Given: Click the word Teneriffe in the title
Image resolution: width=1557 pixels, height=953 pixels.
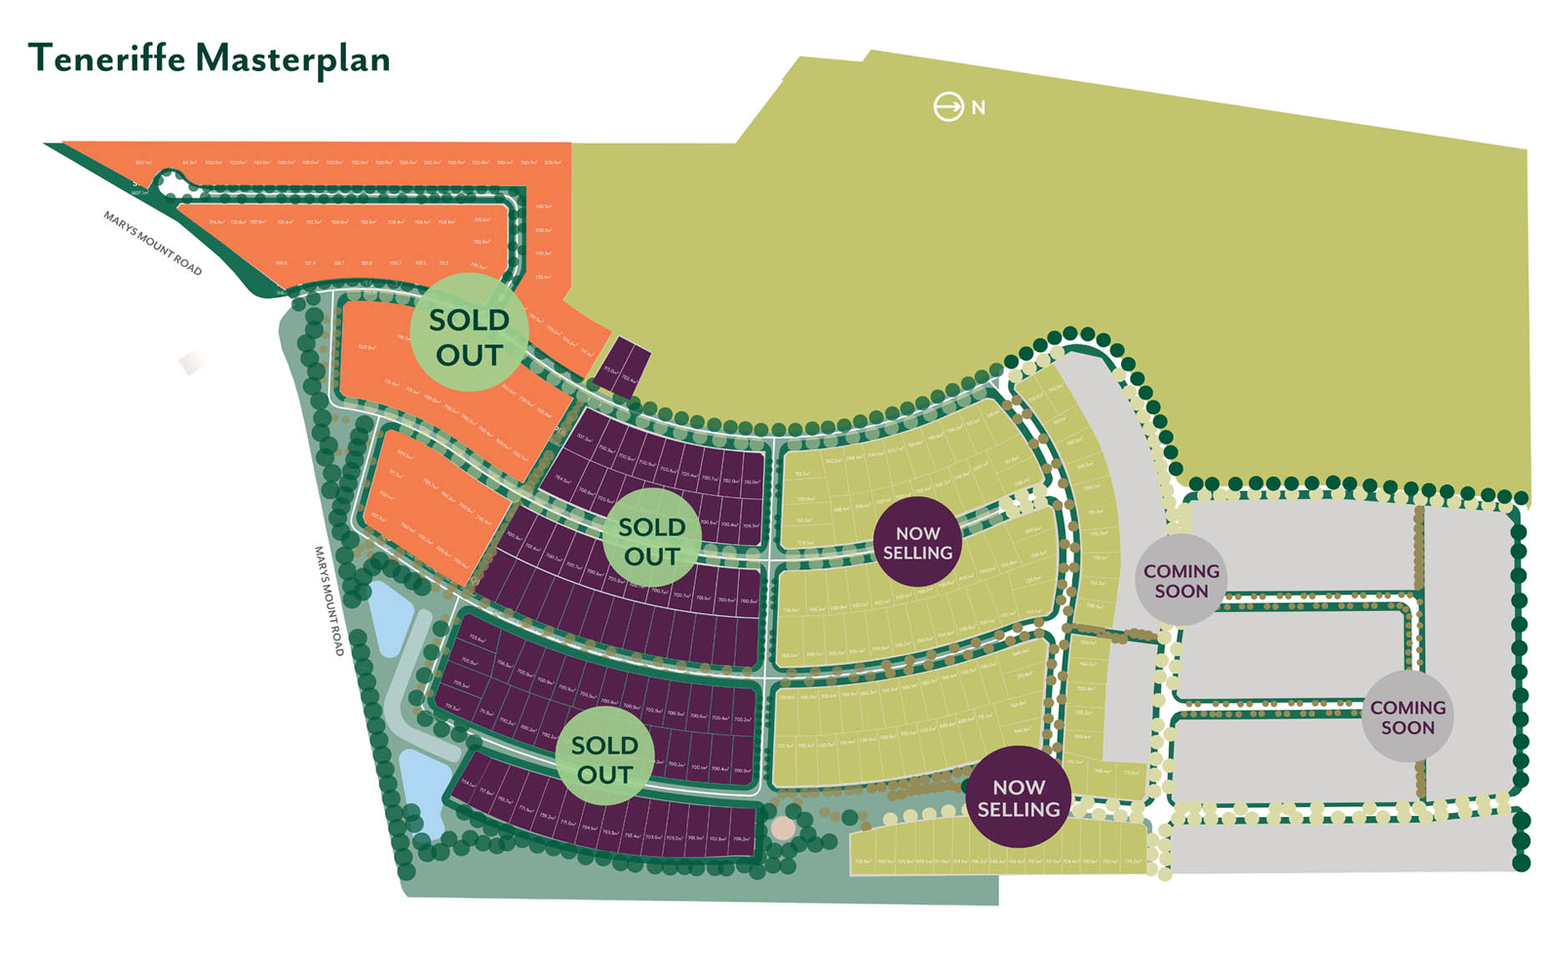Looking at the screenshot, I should (107, 58).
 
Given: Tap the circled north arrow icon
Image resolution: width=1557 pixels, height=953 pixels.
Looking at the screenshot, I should (948, 107).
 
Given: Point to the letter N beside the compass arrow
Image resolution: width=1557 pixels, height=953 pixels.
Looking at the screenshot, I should (978, 108).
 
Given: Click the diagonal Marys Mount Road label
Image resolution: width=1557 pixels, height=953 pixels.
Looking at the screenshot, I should (152, 243).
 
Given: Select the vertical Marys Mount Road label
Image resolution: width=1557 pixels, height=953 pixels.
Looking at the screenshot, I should (329, 601).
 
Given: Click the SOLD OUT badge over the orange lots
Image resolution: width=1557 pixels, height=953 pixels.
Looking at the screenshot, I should (469, 337).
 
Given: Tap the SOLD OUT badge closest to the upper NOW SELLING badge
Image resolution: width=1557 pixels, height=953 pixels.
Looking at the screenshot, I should (651, 541).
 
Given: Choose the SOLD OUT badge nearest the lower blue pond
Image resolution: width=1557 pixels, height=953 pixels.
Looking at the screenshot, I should (604, 759).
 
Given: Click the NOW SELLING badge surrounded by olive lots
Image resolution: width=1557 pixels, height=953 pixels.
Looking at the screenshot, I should (918, 542).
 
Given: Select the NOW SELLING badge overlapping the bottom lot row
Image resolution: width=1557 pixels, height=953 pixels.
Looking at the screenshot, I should (1019, 797).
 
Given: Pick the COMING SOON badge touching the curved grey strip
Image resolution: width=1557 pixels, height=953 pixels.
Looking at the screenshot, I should (1180, 581).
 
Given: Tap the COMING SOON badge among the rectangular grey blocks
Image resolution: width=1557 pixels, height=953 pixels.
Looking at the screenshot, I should (1408, 717).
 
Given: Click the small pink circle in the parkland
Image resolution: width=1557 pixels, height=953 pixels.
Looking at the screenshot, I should (783, 828).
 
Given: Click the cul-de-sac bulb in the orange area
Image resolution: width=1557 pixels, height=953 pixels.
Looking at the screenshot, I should (172, 184).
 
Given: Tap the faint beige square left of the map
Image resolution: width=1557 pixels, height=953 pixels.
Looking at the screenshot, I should (191, 363).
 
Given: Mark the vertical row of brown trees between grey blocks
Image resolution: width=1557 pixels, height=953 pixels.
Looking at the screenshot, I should (1419, 651).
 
